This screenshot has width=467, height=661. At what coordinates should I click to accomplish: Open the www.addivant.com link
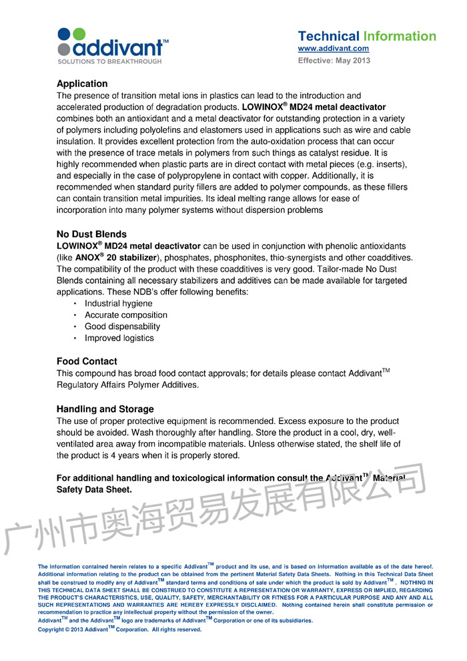[333, 49]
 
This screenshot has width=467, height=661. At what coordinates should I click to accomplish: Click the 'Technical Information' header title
[367, 36]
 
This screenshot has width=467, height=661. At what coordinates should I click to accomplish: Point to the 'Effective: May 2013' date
[334, 61]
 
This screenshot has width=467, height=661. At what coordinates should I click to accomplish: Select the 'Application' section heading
[82, 83]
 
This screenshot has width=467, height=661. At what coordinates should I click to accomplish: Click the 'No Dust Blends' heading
[91, 234]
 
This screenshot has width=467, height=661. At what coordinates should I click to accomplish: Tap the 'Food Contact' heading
[87, 361]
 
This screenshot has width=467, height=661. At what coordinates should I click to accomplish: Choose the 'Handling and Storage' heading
[105, 409]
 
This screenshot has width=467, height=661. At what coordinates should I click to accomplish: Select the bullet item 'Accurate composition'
[126, 314]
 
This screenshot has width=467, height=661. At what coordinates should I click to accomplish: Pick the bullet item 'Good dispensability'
[122, 326]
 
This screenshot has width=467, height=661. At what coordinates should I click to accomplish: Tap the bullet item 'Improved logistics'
[119, 338]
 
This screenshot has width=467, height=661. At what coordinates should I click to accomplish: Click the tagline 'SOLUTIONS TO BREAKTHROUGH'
[109, 61]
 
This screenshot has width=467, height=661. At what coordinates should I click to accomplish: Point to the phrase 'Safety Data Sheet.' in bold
[94, 489]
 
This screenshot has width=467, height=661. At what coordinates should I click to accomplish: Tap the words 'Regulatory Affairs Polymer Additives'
[127, 385]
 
